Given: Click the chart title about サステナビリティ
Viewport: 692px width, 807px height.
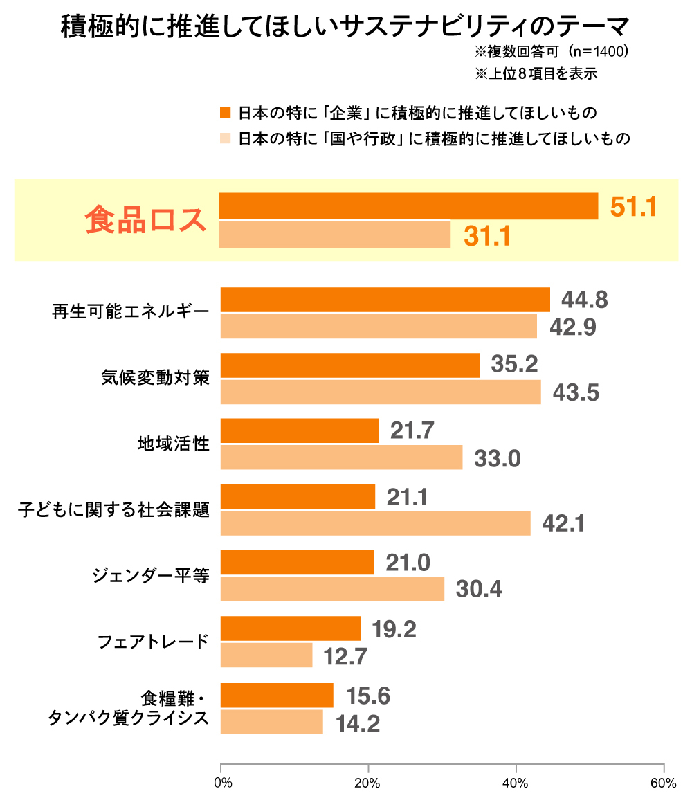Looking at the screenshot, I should [345, 27].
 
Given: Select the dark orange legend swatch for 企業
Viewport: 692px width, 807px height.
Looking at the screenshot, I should [224, 112].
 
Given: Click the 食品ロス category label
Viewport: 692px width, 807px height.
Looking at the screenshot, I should [146, 220].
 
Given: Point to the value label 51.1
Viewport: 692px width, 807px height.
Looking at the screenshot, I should [633, 206].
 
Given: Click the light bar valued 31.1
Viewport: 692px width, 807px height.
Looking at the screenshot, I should [335, 235].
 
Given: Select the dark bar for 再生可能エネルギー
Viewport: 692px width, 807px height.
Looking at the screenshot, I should [385, 300].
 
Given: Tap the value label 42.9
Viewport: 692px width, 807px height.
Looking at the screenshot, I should [573, 327].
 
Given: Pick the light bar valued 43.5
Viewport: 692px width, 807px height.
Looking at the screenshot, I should [381, 392].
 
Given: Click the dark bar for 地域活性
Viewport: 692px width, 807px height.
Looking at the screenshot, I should [300, 430].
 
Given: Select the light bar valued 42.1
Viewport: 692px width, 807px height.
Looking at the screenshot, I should [375, 523].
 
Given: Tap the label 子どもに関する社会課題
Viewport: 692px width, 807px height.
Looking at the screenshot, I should [113, 511].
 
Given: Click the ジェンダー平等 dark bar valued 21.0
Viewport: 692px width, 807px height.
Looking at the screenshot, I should [297, 562].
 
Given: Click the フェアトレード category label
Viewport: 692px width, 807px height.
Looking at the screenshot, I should [153, 642].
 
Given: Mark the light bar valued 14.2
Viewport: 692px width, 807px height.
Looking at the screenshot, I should [271, 722].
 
